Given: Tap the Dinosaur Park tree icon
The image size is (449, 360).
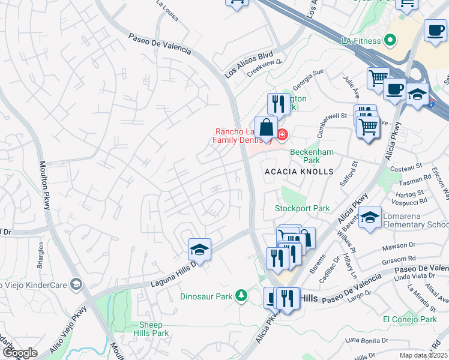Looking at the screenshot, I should tap(241, 295).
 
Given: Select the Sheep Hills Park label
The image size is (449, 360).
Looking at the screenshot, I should tap(151, 329).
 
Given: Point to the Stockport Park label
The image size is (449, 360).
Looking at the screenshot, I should tap(303, 208).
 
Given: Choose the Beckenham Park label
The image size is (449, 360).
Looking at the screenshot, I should tap(312, 156).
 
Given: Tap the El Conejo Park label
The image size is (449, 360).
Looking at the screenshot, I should tap(410, 319).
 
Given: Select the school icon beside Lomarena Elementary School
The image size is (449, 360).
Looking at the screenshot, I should tap(370, 217).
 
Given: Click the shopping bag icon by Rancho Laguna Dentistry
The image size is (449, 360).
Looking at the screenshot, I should tap(266, 127).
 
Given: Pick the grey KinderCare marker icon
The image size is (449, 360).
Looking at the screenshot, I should tap(76, 283).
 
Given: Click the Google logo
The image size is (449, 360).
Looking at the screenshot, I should tap(19, 353).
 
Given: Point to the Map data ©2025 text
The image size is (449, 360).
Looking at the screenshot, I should tap(423, 355).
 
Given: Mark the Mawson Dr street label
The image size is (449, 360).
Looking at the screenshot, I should tap(399, 245).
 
